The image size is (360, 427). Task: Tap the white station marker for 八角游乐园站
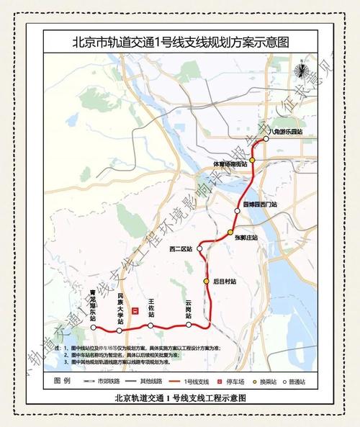pyautogui.click(x=266, y=140)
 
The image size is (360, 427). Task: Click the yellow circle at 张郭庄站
pyautogui.click(x=230, y=232)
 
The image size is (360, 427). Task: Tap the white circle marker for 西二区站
pyautogui.click(x=199, y=248)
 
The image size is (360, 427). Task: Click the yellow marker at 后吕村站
pyautogui.click(x=206, y=281)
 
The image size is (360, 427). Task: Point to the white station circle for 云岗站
pyautogui.click(x=189, y=325)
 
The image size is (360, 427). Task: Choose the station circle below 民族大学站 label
pyautogui.click(x=120, y=330)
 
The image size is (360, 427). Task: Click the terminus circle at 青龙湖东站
pyautogui.click(x=93, y=328)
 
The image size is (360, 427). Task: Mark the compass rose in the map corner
pyautogui.click(x=303, y=70)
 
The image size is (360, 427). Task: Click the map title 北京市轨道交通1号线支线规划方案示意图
pyautogui.click(x=180, y=42)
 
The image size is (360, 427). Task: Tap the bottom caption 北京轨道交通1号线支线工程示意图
pyautogui.click(x=180, y=397)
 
